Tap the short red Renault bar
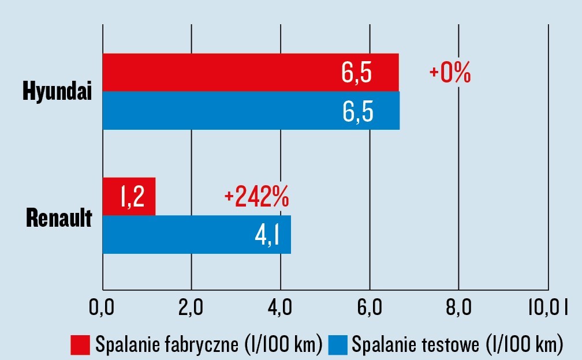[129, 197]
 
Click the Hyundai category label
[58, 91]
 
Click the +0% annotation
[450, 74]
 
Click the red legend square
[80, 344]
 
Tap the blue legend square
[338, 344]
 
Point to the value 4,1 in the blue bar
[267, 234]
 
